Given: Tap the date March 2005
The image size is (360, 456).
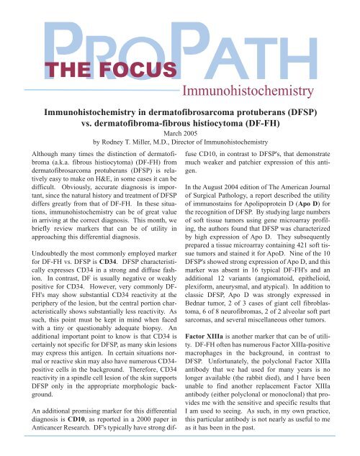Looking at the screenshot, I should click(x=179, y=132).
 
